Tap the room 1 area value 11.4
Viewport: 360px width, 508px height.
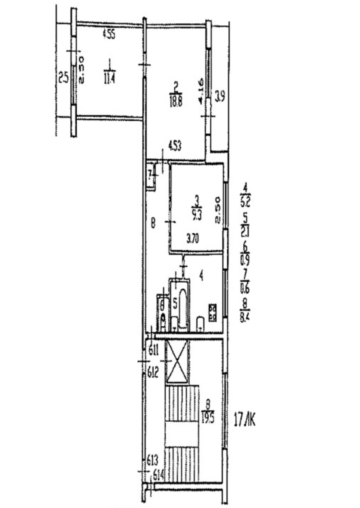click(x=109, y=80)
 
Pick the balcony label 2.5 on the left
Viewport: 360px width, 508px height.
click(x=63, y=78)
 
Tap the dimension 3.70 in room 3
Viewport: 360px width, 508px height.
click(x=193, y=238)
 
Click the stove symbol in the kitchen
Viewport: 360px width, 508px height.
click(x=213, y=312)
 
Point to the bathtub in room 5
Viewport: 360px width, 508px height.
click(x=183, y=309)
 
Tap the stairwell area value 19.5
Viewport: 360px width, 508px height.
click(x=208, y=417)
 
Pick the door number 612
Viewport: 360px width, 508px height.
click(x=153, y=372)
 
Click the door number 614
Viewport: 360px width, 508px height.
click(x=159, y=475)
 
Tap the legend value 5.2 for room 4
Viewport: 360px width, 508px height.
click(x=245, y=202)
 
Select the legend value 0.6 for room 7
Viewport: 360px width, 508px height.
click(x=245, y=287)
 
